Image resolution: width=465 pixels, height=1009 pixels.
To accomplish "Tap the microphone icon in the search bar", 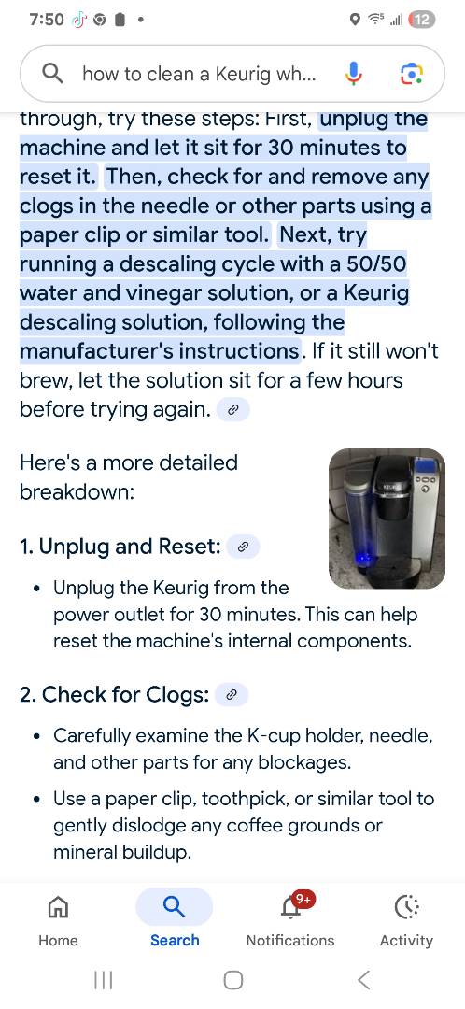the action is (353, 74).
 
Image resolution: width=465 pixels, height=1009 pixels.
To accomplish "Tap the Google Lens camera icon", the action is (411, 74).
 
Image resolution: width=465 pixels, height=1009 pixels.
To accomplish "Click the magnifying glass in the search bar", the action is (52, 74).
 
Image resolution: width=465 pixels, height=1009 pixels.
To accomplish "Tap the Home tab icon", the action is (58, 907).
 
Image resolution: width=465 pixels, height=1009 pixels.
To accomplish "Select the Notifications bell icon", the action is (290, 909).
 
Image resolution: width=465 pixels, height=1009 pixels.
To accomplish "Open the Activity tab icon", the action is (406, 907).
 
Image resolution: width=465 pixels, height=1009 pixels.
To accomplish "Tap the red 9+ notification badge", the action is (303, 899).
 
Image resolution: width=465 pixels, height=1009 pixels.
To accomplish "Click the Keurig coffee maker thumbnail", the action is (387, 518).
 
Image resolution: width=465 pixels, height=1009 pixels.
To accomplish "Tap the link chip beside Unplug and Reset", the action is (243, 547).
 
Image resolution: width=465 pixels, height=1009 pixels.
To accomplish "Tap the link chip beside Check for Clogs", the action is (232, 695).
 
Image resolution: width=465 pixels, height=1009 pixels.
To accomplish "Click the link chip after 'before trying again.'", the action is (232, 410).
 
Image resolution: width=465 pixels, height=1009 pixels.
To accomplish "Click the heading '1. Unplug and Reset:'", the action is (120, 547).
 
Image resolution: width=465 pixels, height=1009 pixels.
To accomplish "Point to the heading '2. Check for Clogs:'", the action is (115, 695).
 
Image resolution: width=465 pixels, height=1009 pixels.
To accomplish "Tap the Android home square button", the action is (233, 980).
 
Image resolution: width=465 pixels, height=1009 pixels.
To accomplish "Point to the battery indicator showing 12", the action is (422, 20).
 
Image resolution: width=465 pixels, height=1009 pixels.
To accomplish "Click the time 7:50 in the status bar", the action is (47, 20).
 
